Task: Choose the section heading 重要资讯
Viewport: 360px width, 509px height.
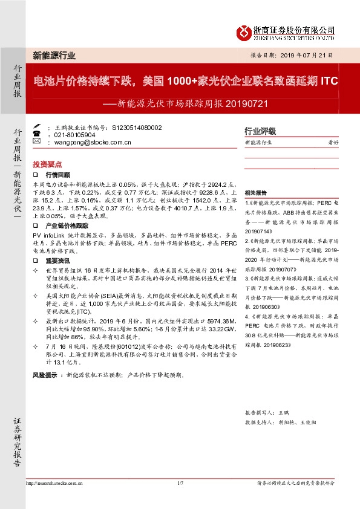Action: [x=57, y=261]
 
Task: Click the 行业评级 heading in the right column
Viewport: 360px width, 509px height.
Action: [x=260, y=131]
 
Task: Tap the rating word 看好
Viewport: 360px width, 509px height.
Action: [x=332, y=143]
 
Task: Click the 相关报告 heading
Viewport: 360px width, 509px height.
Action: [x=255, y=190]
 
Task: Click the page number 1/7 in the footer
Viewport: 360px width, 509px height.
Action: [x=180, y=483]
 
